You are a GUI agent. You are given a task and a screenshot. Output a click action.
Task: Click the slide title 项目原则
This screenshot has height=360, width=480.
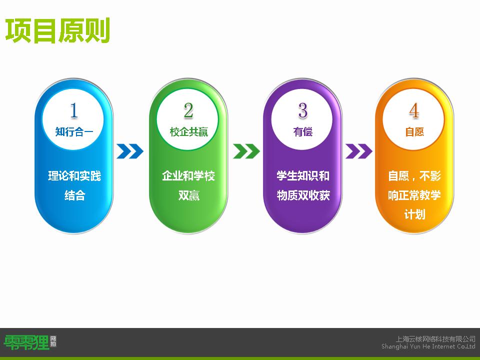(x=57, y=30)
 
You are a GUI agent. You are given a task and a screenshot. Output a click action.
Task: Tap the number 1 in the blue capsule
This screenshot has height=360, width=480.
(x=74, y=110)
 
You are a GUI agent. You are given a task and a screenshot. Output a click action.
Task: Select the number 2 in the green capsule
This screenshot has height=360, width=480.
(x=188, y=110)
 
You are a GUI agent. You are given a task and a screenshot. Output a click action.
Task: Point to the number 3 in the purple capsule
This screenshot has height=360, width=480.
(x=303, y=110)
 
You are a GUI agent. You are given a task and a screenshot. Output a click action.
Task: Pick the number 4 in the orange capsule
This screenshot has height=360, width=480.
(x=414, y=110)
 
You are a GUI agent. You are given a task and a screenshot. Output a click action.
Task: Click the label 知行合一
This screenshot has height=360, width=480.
(x=74, y=132)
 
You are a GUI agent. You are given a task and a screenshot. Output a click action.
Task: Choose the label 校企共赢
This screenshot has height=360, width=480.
(x=189, y=132)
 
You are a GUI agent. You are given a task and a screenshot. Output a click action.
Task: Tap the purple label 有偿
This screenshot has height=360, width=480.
(x=303, y=132)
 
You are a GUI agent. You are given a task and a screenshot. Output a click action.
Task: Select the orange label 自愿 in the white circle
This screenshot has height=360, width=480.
(x=414, y=132)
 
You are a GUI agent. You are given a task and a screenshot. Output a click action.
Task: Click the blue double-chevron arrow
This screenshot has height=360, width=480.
(x=130, y=151)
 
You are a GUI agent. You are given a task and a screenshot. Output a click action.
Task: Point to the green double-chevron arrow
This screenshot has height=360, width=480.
(x=246, y=151)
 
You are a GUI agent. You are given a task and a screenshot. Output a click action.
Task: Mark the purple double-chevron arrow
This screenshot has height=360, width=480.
(x=359, y=151)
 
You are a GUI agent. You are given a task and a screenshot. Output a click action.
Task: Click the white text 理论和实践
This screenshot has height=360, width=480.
(x=74, y=176)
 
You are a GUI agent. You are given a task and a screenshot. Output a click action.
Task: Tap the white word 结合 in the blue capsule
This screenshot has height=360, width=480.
(x=74, y=195)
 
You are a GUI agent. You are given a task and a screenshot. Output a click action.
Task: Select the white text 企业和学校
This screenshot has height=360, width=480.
(x=188, y=176)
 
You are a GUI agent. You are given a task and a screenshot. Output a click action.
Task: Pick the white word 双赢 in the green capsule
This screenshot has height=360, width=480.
(x=189, y=195)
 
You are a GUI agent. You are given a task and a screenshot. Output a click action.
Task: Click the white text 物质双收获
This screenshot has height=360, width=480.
(x=303, y=195)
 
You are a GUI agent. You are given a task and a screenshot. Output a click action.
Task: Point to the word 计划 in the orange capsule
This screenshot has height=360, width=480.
(x=415, y=214)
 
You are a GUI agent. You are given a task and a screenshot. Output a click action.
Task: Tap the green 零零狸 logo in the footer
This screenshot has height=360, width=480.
(x=26, y=342)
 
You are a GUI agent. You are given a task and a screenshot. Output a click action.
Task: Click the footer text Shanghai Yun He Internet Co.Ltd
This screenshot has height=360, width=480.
(x=428, y=346)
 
